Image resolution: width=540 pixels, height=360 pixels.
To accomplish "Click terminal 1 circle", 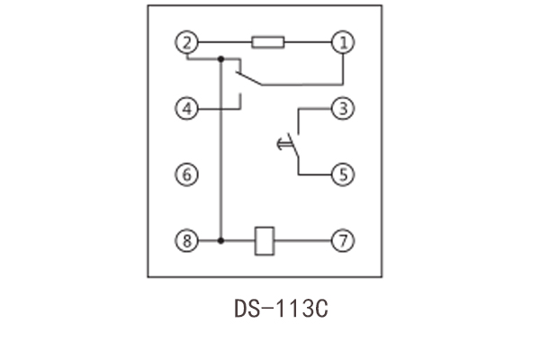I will [342, 41].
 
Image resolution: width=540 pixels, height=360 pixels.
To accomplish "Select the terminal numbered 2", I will [186, 41].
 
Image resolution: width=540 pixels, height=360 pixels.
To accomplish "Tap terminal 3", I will [342, 109].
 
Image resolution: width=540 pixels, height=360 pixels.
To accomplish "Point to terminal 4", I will [186, 109].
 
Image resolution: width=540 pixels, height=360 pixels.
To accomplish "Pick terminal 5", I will [342, 174].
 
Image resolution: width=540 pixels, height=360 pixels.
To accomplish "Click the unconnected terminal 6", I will [186, 174].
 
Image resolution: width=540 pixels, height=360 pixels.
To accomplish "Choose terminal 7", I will [342, 241].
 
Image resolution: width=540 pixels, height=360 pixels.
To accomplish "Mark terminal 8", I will [186, 241].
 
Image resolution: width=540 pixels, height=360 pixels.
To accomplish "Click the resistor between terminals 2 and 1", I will [268, 41].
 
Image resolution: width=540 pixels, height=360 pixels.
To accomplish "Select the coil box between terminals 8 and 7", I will [265, 241].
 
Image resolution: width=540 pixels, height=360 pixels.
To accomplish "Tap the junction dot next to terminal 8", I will [220, 241].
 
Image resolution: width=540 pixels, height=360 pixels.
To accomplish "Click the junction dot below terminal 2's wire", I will [220, 60].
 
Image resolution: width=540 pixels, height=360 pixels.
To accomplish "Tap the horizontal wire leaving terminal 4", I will [216, 109].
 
